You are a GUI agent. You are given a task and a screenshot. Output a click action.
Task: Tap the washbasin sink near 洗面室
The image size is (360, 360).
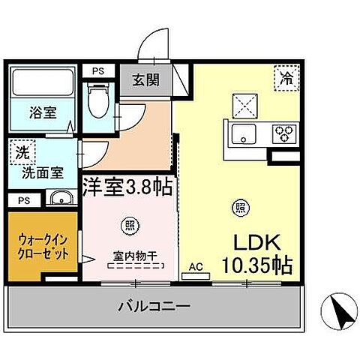coord(61,199)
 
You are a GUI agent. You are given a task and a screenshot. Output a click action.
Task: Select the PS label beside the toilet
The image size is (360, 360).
coord(97,71)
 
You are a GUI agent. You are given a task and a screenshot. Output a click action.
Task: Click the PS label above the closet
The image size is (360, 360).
coord(22,200)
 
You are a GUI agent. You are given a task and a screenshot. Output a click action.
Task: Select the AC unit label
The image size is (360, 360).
coord(196,268)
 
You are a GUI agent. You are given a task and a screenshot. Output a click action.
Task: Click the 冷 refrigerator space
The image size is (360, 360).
coord(286,76)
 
